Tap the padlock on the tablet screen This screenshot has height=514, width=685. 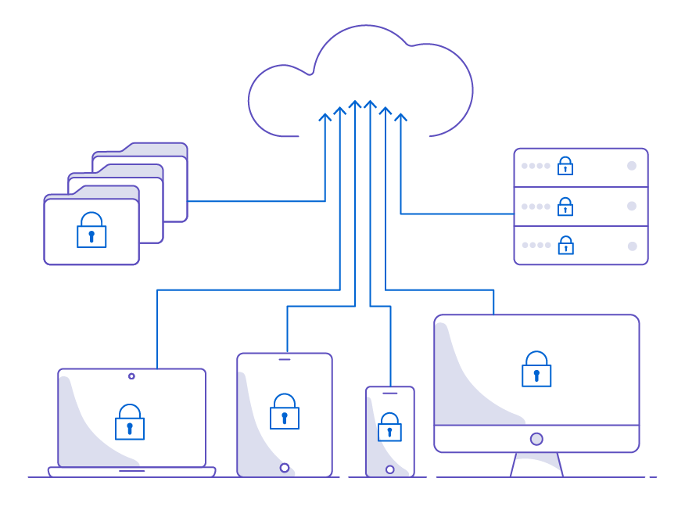pyautogui.click(x=285, y=412)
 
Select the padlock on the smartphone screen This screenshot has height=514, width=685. pyautogui.click(x=389, y=428)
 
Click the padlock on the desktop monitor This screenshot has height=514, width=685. pyautogui.click(x=536, y=370)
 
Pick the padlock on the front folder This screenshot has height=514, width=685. pyautogui.click(x=91, y=231)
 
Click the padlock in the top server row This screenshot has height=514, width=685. pyautogui.click(x=565, y=166)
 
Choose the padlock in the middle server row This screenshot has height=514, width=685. pyautogui.click(x=565, y=207)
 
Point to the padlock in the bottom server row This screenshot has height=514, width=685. pyautogui.click(x=565, y=246)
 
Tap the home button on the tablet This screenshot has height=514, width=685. pyautogui.click(x=285, y=468)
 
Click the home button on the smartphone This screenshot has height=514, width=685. pyautogui.click(x=389, y=469)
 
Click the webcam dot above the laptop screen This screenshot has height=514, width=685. pyautogui.click(x=131, y=376)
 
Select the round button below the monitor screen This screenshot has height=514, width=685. pyautogui.click(x=536, y=439)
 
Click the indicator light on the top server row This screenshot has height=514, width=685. pyautogui.click(x=632, y=166)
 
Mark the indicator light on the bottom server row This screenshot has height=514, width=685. pyautogui.click(x=632, y=246)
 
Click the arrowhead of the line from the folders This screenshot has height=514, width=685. pyautogui.click(x=325, y=118)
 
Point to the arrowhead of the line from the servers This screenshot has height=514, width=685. pyautogui.click(x=401, y=118)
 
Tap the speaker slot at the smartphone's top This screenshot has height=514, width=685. pyautogui.click(x=389, y=394)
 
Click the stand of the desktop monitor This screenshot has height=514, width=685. pyautogui.click(x=536, y=465)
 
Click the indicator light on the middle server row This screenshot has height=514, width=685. pyautogui.click(x=632, y=207)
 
